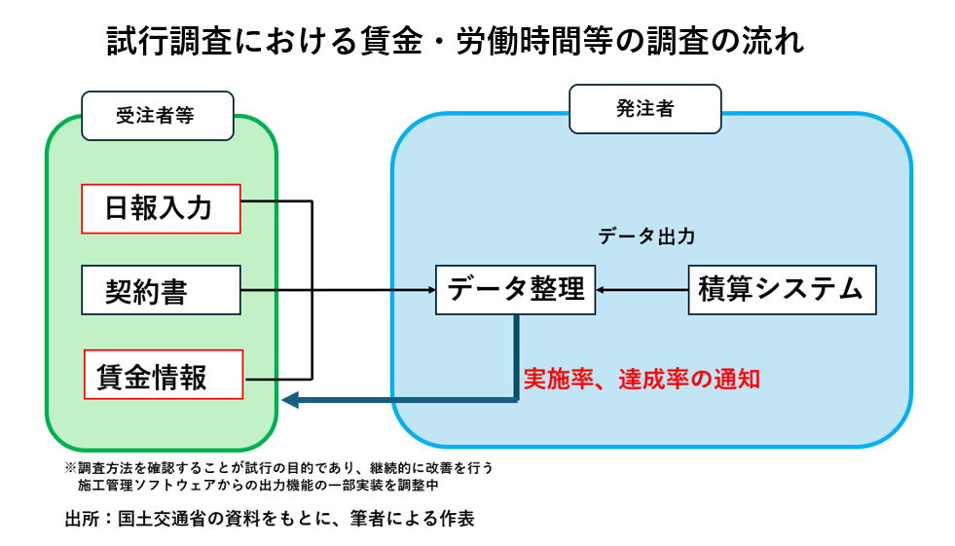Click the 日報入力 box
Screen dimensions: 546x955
point(160,208)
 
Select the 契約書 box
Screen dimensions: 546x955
point(160,290)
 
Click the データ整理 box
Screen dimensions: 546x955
point(515,289)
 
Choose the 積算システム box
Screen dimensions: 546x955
point(782,289)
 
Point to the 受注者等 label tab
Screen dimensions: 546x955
point(157,115)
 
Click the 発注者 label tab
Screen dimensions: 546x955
point(644,108)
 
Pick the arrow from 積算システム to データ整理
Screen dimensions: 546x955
point(643,290)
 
